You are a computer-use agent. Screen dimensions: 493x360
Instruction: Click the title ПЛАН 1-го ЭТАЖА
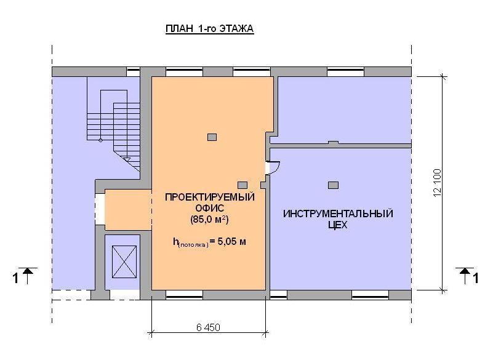pos(209,28)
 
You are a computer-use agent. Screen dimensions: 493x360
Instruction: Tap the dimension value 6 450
pos(208,327)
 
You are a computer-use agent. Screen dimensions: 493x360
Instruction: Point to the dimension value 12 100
pos(438,183)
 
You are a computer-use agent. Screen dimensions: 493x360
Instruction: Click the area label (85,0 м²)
pos(209,219)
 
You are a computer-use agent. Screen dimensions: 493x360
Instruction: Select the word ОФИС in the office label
pos(210,208)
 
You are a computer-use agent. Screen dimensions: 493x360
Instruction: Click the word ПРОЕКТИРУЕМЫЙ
pos(210,197)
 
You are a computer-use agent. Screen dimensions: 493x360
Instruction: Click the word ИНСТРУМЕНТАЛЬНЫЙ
pos(338,214)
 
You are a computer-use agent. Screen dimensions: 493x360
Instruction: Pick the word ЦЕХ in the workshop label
pos(338,225)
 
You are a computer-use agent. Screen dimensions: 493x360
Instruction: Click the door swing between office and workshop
pos(274,167)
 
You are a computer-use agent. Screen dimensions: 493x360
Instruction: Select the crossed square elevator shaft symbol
pos(124,262)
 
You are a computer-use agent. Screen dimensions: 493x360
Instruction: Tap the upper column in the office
pos(212,137)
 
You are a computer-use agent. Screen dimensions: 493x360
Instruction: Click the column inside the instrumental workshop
pos(333,185)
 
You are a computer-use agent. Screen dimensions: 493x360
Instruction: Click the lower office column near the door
pos(242,185)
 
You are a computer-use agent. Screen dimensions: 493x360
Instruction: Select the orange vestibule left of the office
pos(128,209)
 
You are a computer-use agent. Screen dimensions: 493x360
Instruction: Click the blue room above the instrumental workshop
pos(345,110)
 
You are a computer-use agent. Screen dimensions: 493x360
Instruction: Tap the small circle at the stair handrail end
pos(100,140)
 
